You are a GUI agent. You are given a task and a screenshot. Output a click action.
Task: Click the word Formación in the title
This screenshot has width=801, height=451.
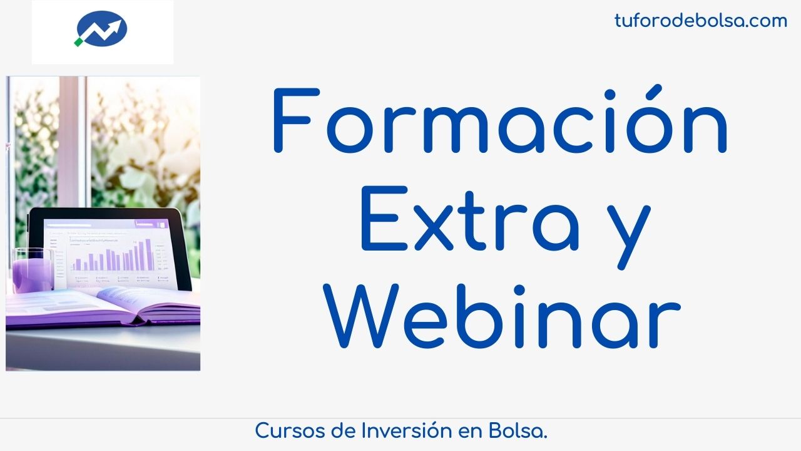(500, 120)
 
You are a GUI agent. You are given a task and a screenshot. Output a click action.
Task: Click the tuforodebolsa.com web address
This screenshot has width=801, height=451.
(701, 21)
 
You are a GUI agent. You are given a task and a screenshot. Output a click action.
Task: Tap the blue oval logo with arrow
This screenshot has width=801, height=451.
(101, 29)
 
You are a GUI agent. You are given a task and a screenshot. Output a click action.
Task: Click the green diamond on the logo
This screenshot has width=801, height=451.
(78, 42)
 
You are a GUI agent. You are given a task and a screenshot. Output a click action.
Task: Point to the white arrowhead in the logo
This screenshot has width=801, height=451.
(116, 25)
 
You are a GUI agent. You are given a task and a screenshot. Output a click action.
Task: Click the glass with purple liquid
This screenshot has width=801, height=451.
(33, 270)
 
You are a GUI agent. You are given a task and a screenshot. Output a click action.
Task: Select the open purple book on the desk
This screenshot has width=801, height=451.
(103, 307)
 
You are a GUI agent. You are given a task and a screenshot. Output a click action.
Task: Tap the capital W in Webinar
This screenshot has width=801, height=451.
(361, 316)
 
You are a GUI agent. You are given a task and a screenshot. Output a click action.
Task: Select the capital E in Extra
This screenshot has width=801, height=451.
(384, 219)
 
